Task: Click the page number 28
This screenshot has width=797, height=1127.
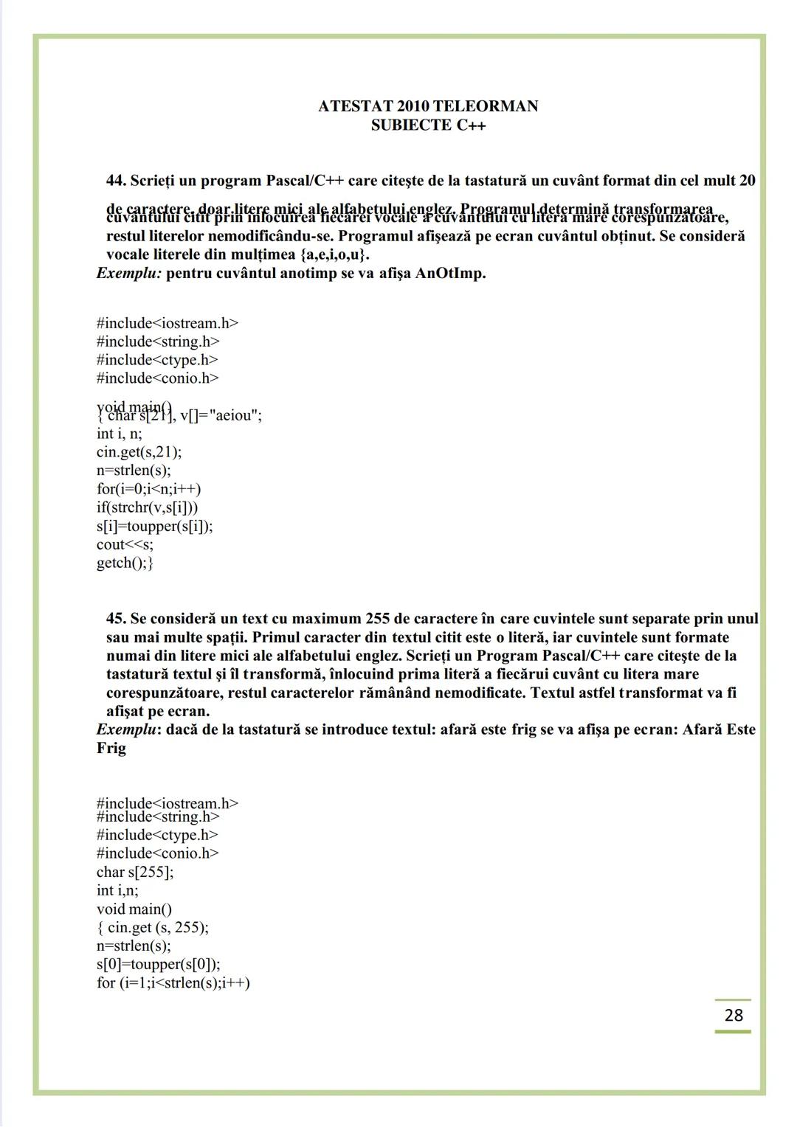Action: pos(734,1015)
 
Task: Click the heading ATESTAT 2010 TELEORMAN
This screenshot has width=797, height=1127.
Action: pos(428,106)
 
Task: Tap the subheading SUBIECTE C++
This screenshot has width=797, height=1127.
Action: pos(428,125)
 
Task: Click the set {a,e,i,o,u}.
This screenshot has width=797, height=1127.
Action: pos(334,255)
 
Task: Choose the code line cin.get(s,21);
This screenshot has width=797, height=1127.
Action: pos(139,452)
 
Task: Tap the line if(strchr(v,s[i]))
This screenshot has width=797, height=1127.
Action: pos(147,507)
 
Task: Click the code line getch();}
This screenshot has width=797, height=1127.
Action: pos(125,563)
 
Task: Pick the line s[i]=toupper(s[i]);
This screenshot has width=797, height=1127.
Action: pos(154,526)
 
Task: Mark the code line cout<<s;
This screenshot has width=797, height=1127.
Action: pos(125,544)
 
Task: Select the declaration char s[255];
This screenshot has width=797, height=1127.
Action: pos(135,872)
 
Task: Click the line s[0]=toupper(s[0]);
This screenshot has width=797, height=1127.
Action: pos(158,964)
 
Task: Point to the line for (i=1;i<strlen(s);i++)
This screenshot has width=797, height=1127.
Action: pos(173,982)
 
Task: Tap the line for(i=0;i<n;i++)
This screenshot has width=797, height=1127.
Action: pos(148,489)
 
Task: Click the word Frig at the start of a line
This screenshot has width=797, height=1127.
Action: pos(111,748)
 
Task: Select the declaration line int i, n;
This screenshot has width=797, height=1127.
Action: pos(119,434)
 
